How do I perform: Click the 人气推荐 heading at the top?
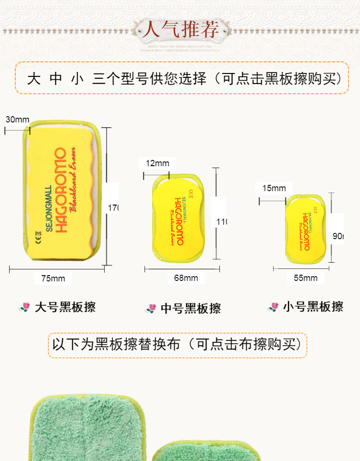pyautogui.click(x=180, y=30)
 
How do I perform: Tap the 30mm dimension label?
pyautogui.click(x=18, y=120)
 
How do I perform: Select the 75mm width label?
pyautogui.click(x=53, y=278)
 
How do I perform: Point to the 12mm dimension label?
pyautogui.click(x=157, y=163)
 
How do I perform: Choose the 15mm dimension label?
pyautogui.click(x=274, y=188)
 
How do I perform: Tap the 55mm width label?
pyautogui.click(x=305, y=278)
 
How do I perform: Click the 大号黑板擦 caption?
pyautogui.click(x=65, y=307)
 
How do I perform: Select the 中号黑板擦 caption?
pyautogui.click(x=191, y=308)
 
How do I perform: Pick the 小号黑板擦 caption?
pyautogui.click(x=313, y=306)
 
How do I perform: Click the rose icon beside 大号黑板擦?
pyautogui.click(x=24, y=307)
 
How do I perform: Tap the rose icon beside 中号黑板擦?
pyautogui.click(x=151, y=308)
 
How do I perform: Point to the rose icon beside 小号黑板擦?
pyautogui.click(x=274, y=306)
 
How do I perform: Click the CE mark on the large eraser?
pyautogui.click(x=38, y=237)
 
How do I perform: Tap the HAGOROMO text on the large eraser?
pyautogui.click(x=61, y=191)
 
